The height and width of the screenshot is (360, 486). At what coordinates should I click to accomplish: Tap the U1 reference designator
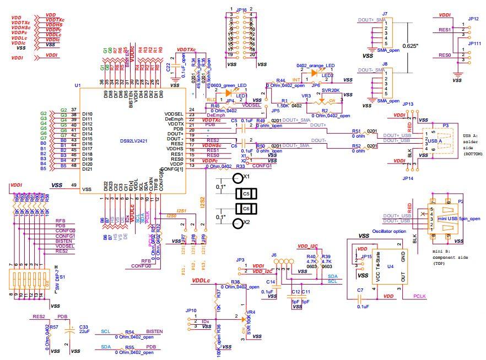coord(77,85)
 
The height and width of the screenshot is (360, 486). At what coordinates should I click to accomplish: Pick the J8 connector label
coord(385,64)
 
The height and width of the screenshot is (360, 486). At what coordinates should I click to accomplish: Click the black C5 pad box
coord(246,194)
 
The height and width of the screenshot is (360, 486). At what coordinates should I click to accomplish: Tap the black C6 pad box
coord(246,209)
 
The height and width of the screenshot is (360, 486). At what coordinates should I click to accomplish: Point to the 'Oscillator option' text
coord(390,232)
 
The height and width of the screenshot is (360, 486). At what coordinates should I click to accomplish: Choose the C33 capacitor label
coord(84,327)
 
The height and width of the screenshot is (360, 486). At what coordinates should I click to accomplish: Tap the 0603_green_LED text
coord(228,85)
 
